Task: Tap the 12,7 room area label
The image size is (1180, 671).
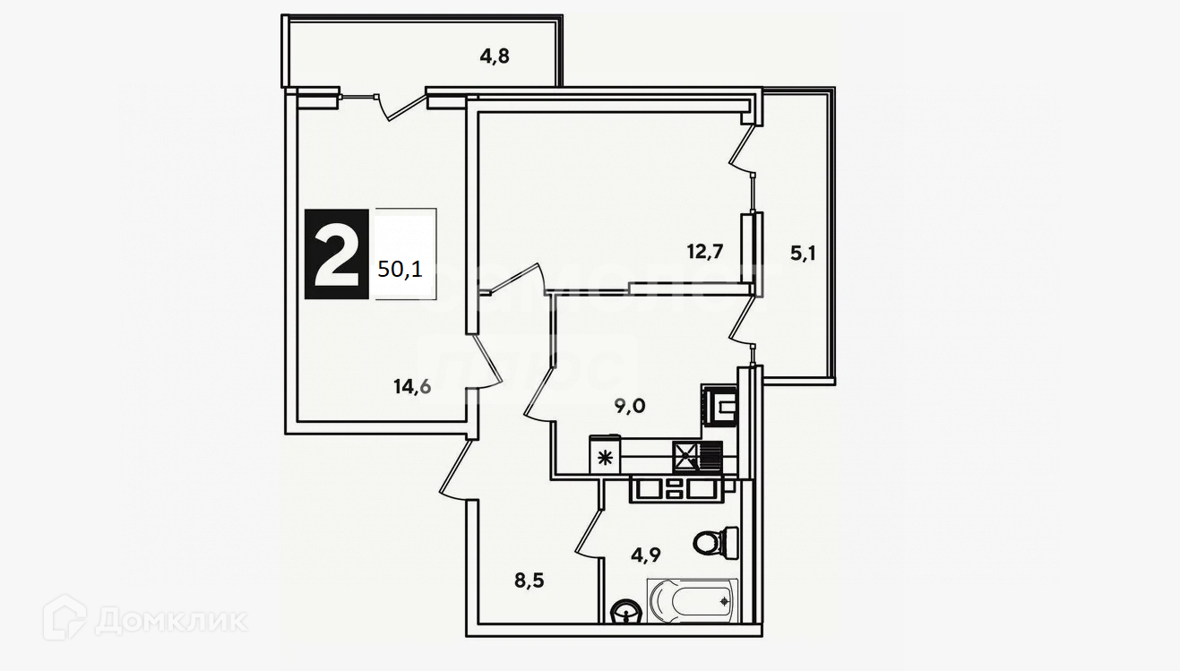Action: coord(705,252)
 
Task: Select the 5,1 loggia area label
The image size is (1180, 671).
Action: coord(804,254)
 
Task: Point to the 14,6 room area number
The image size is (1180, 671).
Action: coord(411,387)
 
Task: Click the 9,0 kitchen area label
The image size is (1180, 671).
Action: coord(630,406)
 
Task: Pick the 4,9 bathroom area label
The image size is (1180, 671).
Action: coord(647,554)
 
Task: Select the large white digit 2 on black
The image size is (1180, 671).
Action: coord(336,254)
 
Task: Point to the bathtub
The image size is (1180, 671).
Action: coord(692,601)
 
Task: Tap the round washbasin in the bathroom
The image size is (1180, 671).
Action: coord(624,612)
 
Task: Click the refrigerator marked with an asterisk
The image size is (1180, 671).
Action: coord(604,458)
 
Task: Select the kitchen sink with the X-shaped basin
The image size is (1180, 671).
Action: coord(687,457)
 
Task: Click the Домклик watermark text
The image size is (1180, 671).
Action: coord(170,619)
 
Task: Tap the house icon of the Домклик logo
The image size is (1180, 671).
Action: coord(65,617)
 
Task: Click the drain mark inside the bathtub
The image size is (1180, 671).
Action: coord(724,601)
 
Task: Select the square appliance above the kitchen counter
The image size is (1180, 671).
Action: coord(719,404)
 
